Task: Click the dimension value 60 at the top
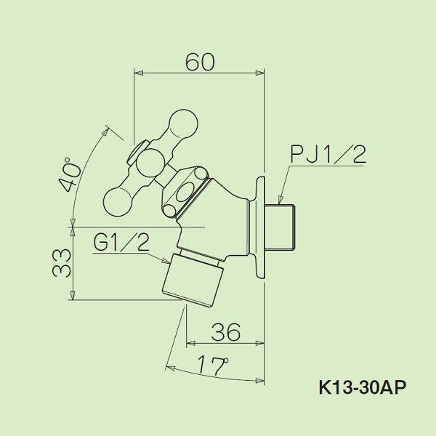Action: pyautogui.click(x=199, y=62)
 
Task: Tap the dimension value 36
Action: pyautogui.click(x=225, y=332)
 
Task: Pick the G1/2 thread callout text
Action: pyautogui.click(x=121, y=242)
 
